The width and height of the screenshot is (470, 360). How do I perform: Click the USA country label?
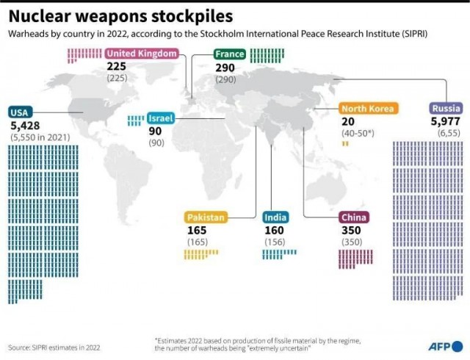point(20,112)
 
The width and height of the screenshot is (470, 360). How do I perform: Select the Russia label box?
point(446,108)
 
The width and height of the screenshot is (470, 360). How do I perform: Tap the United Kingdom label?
point(142,54)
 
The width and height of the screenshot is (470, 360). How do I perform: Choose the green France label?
point(230,54)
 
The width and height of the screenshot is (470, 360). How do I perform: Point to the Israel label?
point(161,118)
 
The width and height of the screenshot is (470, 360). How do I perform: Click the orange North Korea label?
point(368,108)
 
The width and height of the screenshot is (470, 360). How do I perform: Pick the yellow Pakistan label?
point(206,217)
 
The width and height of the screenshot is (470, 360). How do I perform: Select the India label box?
point(275,217)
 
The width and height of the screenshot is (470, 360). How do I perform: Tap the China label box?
point(354,217)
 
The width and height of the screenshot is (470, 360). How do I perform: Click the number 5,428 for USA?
point(25,126)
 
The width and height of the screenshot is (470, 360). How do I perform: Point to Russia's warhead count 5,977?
point(446,121)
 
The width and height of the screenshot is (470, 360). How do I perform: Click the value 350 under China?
point(351,231)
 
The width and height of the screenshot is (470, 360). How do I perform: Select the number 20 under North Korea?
point(348,121)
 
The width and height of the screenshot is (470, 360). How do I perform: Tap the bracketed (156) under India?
point(275,242)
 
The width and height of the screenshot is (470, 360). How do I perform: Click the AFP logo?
point(446,347)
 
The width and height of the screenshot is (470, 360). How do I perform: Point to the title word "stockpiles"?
point(192,16)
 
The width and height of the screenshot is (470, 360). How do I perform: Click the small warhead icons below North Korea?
point(345,144)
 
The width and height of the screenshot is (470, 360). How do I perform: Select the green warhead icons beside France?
point(267,56)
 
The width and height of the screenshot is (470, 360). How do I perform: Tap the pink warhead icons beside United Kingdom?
point(84,56)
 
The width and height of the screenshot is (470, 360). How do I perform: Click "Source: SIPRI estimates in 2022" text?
point(54,348)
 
